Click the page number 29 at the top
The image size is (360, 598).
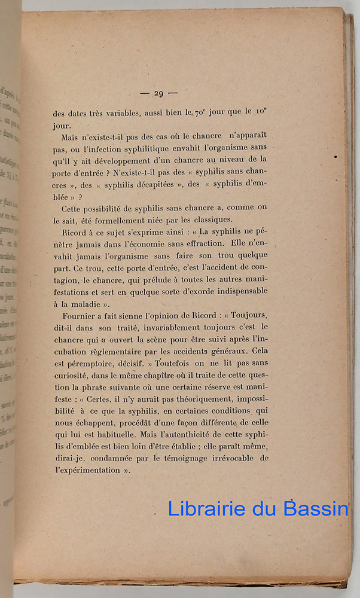[158, 93]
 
